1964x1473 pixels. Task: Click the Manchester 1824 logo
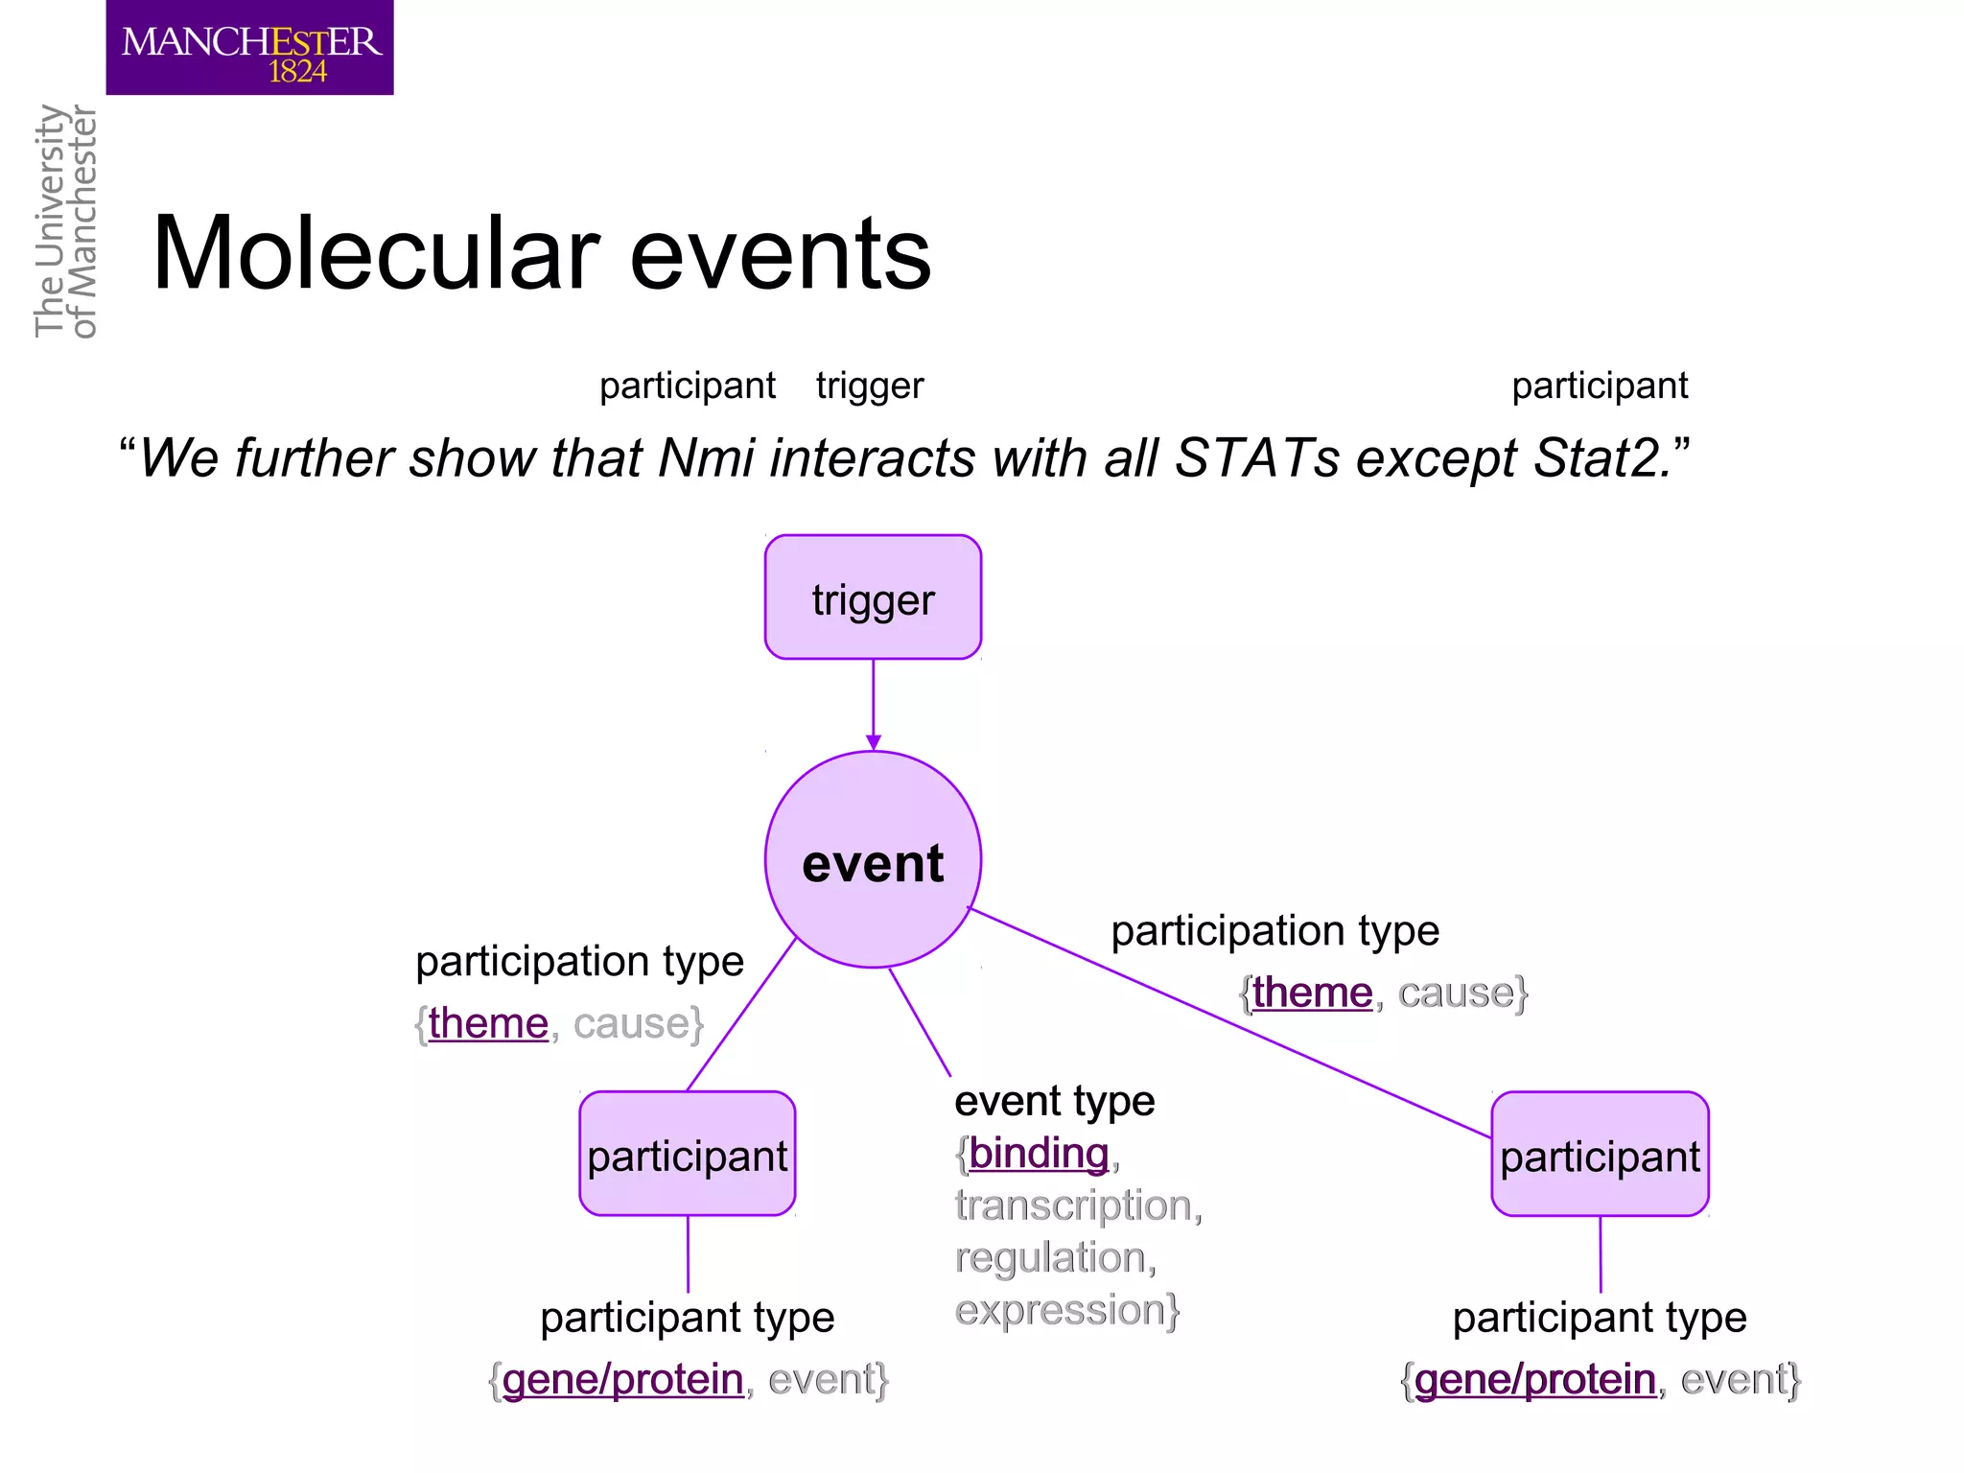point(249,48)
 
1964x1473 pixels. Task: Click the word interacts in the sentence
point(873,457)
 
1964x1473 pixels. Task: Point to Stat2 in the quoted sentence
point(1602,457)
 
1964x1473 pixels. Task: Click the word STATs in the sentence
point(1256,457)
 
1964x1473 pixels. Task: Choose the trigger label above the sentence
point(869,386)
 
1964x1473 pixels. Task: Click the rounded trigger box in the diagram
point(873,597)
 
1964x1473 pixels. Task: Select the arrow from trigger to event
point(873,705)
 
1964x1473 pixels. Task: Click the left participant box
point(688,1155)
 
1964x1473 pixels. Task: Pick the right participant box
point(1600,1155)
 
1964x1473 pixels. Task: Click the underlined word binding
point(1039,1154)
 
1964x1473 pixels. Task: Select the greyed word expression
point(1060,1310)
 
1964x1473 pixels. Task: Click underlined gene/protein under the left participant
point(622,1380)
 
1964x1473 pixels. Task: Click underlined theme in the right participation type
point(1312,993)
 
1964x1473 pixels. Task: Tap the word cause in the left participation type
point(631,1024)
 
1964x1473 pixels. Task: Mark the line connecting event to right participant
point(1227,1021)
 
